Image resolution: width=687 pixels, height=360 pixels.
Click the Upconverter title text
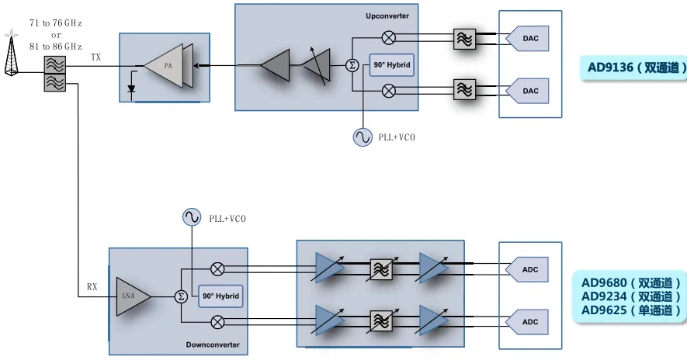click(387, 16)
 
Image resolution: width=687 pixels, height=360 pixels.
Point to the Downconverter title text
click(213, 344)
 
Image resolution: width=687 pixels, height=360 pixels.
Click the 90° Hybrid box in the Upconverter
click(391, 64)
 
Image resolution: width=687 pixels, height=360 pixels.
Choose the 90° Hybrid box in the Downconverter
click(220, 296)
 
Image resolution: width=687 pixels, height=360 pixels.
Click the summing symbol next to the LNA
click(180, 296)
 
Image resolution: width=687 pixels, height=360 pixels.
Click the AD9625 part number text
click(631, 310)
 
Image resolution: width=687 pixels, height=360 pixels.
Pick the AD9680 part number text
click(631, 282)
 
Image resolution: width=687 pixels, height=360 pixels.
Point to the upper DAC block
click(529, 37)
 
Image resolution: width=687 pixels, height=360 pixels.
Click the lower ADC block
click(529, 321)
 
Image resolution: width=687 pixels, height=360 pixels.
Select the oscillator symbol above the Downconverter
click(192, 217)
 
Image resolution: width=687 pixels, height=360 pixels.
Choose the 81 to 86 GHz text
click(56, 47)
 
